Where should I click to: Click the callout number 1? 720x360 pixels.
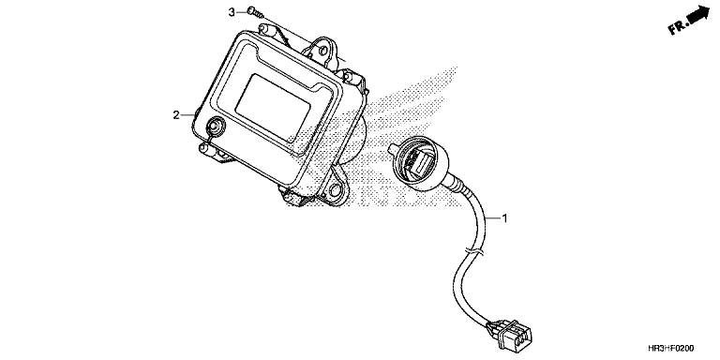click(505, 219)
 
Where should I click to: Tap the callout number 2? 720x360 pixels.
click(175, 115)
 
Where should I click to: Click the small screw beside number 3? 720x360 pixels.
click(254, 13)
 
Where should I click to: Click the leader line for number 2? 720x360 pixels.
click(188, 115)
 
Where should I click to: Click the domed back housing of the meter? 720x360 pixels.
click(359, 141)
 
